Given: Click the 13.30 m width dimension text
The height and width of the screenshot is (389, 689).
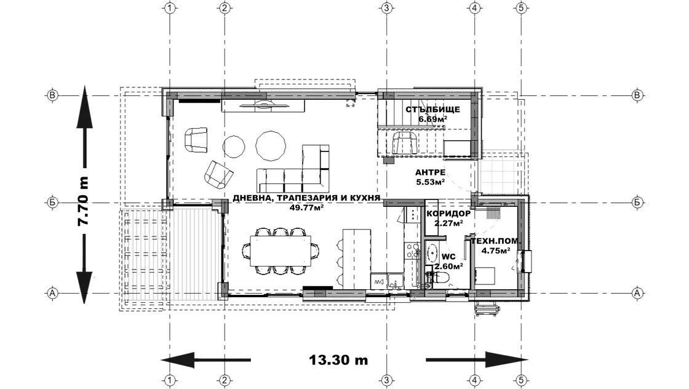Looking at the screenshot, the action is [338, 360].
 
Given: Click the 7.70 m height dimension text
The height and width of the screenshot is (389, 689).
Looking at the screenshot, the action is [83, 201].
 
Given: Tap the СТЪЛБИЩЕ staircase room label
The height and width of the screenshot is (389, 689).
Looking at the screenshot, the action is [433, 110].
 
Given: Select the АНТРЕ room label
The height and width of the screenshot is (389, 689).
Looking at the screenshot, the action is [430, 172].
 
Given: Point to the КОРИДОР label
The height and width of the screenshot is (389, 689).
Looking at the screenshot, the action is [448, 214].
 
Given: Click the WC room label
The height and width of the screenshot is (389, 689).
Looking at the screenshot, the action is [448, 257].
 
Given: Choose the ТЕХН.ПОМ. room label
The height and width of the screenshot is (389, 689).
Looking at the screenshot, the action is [496, 241].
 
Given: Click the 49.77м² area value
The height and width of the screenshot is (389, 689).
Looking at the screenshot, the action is [307, 207].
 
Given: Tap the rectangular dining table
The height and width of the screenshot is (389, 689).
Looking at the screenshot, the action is [281, 251].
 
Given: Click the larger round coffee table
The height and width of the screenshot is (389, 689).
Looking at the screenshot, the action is [271, 146].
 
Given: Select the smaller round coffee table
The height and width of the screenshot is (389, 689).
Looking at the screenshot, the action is [234, 146].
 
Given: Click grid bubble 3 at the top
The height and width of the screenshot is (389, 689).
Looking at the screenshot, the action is [387, 8].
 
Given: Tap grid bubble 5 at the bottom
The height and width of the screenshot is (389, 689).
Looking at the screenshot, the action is [521, 380].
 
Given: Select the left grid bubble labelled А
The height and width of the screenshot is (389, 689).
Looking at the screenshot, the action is [52, 293].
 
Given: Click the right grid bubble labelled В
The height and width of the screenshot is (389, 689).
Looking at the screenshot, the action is [637, 95].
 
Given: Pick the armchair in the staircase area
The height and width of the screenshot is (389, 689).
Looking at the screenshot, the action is [405, 142].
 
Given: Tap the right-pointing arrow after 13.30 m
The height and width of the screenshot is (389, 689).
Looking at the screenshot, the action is [477, 360].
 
